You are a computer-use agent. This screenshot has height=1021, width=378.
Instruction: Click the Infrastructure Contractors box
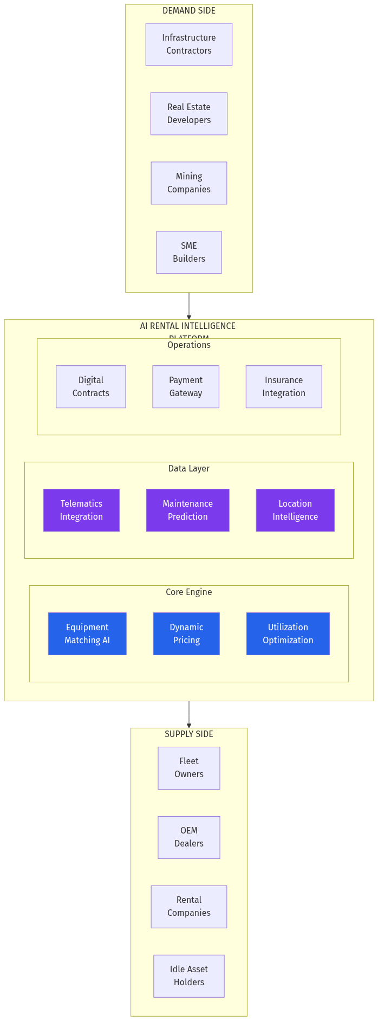pos(188,44)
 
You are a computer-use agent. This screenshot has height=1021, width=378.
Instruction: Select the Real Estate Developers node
pos(188,114)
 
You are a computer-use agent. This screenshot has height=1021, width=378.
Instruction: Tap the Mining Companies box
pos(188,183)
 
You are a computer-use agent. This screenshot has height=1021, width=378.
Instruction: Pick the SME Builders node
pos(188,253)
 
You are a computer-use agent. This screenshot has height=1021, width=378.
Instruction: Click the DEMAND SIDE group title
pos(188,11)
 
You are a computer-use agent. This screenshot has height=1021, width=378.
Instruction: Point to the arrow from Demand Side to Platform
pos(188,306)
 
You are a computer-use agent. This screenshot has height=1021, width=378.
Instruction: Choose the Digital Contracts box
pos(90,387)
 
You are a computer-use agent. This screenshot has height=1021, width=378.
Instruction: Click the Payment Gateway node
pos(185,387)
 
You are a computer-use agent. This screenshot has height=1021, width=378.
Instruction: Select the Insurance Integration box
pos(283,387)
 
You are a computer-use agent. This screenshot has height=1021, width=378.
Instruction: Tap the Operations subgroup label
pos(188,345)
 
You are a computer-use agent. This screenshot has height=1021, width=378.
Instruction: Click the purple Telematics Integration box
pos(81,511)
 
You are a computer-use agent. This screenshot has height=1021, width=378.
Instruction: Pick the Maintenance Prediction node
pos(187,511)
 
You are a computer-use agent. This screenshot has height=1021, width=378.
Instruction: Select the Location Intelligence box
pos(295,511)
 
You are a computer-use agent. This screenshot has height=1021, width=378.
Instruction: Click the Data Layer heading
pos(188,469)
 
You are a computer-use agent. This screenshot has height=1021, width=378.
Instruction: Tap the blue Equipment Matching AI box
pos(87,634)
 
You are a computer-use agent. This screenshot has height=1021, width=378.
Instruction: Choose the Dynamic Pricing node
pos(186,634)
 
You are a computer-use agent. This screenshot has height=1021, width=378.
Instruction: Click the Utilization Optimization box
pos(288,634)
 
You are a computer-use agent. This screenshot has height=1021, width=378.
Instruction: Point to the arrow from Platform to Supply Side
pos(188,714)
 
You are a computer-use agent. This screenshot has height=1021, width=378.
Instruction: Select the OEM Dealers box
pos(188,837)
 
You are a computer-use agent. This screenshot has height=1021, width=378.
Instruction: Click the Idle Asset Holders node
pos(188,976)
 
